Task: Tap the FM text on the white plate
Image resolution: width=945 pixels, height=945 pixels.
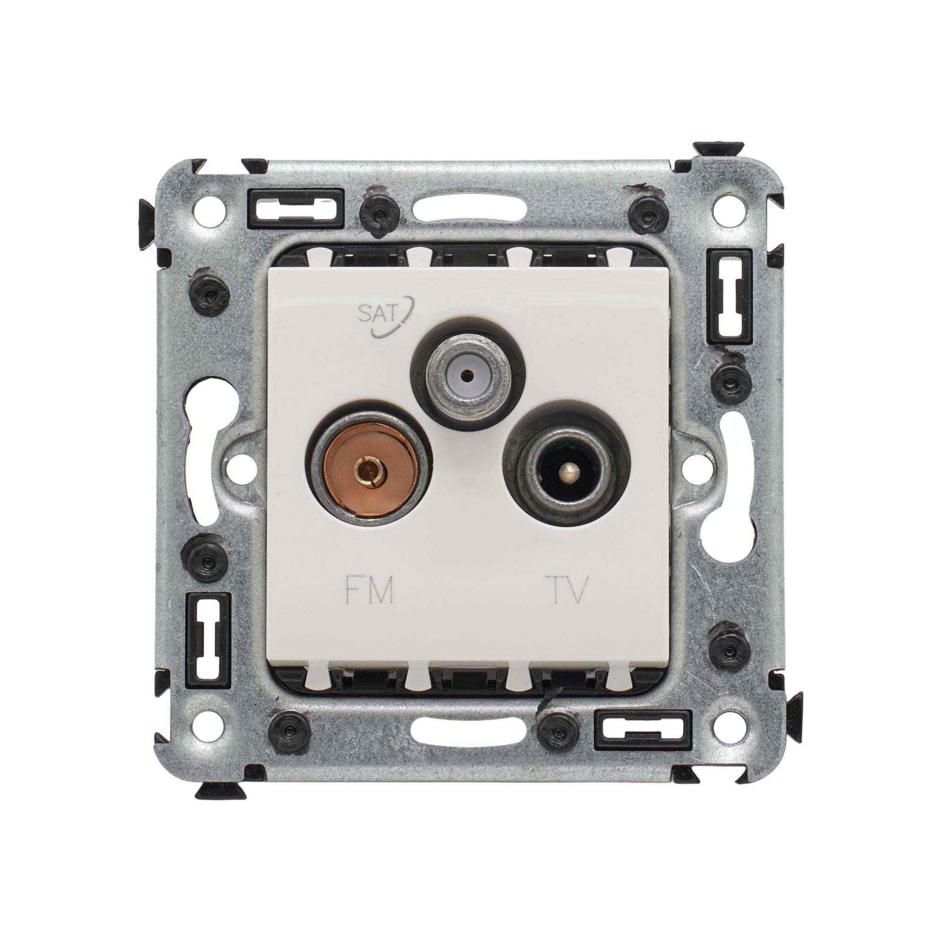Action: point(369,590)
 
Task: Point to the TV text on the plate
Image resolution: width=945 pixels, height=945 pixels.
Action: point(568,590)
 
